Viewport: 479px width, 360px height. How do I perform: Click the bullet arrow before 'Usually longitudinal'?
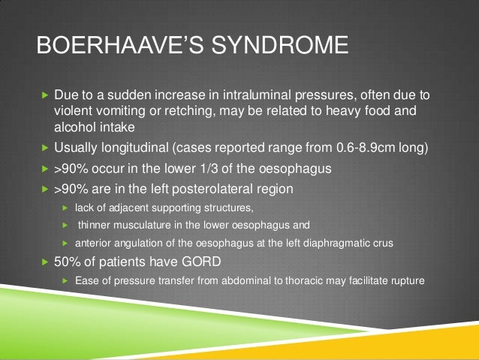44,149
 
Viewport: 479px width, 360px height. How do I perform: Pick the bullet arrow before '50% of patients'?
44,262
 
